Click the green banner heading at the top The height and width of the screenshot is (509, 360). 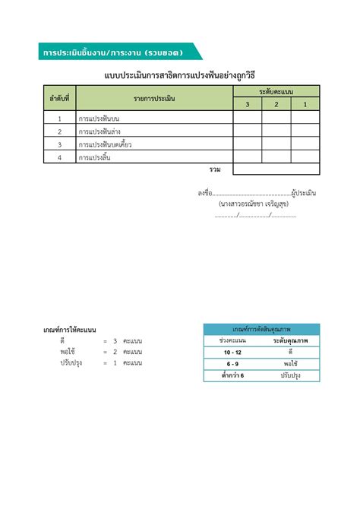click(x=114, y=52)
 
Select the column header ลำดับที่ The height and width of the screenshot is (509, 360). click(x=58, y=98)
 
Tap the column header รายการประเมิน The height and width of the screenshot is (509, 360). click(x=154, y=98)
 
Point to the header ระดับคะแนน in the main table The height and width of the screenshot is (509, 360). click(x=276, y=91)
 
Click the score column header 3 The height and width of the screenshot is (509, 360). click(x=247, y=104)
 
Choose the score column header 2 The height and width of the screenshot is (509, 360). click(x=276, y=104)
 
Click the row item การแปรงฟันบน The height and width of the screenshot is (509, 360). click(x=99, y=119)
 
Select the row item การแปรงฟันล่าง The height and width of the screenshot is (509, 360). click(x=99, y=131)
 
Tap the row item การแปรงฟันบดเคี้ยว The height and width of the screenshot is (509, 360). click(x=106, y=144)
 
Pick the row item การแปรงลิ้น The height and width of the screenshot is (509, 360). click(x=96, y=157)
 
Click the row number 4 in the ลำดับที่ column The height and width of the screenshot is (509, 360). click(x=58, y=157)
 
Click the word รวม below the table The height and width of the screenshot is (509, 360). click(x=215, y=169)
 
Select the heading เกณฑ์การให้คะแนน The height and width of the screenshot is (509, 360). click(x=69, y=330)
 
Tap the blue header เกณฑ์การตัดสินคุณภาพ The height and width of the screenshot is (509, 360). click(x=261, y=330)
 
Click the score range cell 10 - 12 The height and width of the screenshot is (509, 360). click(x=232, y=353)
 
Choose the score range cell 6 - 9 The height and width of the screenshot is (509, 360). click(x=232, y=365)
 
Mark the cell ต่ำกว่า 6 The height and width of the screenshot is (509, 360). click(x=232, y=376)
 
